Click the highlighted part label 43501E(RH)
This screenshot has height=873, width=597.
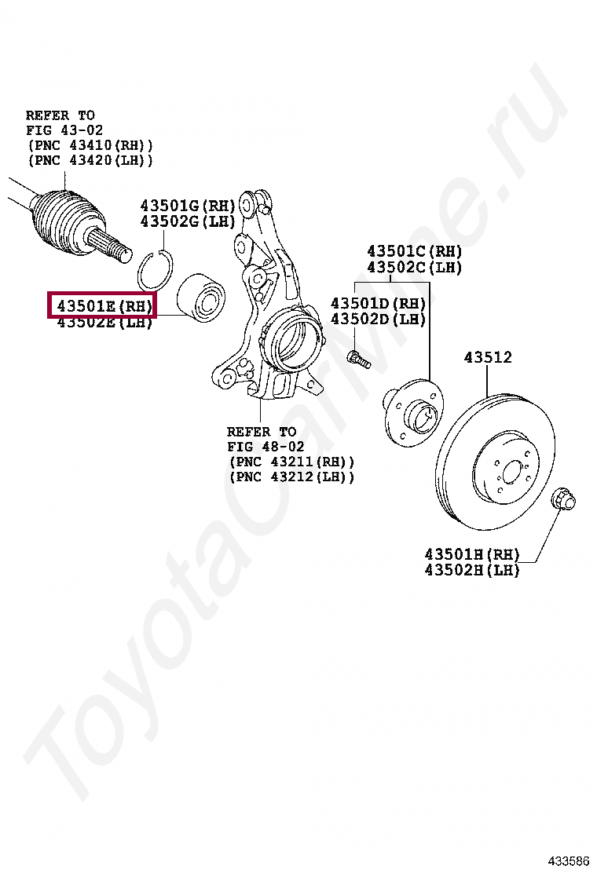point(103,304)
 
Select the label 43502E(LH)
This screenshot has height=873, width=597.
point(104,322)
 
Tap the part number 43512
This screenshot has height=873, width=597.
point(487,358)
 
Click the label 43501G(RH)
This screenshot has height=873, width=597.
point(188,206)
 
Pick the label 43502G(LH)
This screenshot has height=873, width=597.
point(188,221)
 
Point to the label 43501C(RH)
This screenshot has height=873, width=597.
point(414,251)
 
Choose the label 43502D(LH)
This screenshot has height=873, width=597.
point(378,319)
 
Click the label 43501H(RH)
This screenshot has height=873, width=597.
point(472,554)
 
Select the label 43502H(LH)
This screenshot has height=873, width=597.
point(472,571)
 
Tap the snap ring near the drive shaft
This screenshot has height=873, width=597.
point(155,271)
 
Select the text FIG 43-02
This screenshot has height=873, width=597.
point(64,130)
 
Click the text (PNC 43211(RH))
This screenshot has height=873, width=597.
point(291,462)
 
